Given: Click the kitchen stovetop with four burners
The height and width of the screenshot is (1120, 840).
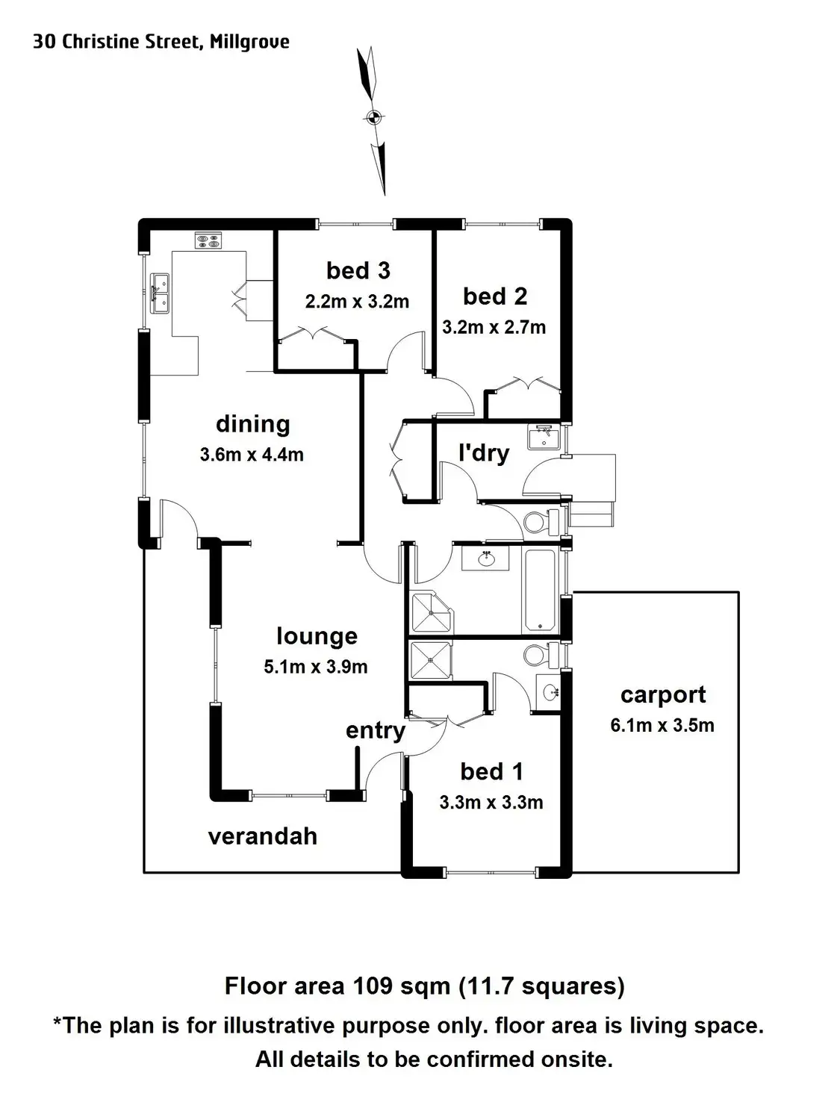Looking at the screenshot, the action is click(208, 240).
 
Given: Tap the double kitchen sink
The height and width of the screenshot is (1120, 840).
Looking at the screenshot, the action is click(160, 293).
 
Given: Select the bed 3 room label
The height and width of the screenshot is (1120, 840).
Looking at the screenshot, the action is click(358, 271).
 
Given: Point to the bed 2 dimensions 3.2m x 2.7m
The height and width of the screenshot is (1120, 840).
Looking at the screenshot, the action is click(494, 327).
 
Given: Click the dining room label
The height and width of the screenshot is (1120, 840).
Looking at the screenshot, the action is click(253, 424).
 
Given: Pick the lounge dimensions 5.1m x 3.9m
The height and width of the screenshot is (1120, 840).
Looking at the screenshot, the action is click(316, 666).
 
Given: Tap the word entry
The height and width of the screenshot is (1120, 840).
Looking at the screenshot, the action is click(376, 731).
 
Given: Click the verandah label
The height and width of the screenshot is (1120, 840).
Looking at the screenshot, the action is click(263, 837).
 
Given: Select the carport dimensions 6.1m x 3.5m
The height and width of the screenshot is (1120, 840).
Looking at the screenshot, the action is click(662, 725).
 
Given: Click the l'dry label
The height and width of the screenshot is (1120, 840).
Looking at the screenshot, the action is click(484, 454).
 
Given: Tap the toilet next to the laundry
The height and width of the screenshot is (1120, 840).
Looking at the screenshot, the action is click(541, 521).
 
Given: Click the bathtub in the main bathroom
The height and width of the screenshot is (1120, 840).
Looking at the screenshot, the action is click(540, 591).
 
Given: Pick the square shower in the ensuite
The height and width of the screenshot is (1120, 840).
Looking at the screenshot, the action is click(432, 660).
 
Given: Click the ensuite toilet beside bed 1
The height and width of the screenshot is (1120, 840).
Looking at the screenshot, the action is click(541, 655).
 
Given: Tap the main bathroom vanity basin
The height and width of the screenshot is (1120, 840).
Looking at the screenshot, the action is click(485, 559).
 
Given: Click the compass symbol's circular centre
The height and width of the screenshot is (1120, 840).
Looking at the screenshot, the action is click(373, 117).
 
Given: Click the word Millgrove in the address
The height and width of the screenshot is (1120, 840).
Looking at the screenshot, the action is click(249, 42).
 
